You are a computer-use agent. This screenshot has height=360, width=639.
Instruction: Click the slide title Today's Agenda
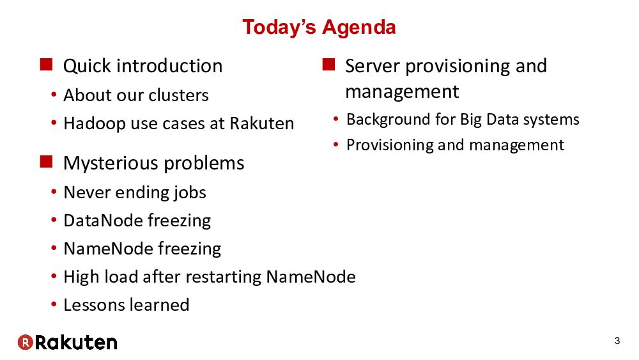pos(319,27)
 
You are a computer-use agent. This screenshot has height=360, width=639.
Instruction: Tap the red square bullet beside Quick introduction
pos(46,65)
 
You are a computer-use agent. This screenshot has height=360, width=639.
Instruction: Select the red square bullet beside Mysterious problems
pos(46,161)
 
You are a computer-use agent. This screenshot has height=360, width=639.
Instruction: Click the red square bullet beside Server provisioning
pos(328,65)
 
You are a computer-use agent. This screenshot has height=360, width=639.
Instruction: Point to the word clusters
pos(178,95)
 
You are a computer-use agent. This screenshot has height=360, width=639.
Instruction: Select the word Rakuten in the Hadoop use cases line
pos(261,123)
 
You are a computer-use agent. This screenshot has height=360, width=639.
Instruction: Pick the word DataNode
pos(103,221)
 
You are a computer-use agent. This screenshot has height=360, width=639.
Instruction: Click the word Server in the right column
pos(373,66)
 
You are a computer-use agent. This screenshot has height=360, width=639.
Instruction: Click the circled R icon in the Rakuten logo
pos(26,342)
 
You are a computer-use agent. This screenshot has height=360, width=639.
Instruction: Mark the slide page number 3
pos(617,341)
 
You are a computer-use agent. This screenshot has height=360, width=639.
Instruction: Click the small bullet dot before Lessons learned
pos(54,304)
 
